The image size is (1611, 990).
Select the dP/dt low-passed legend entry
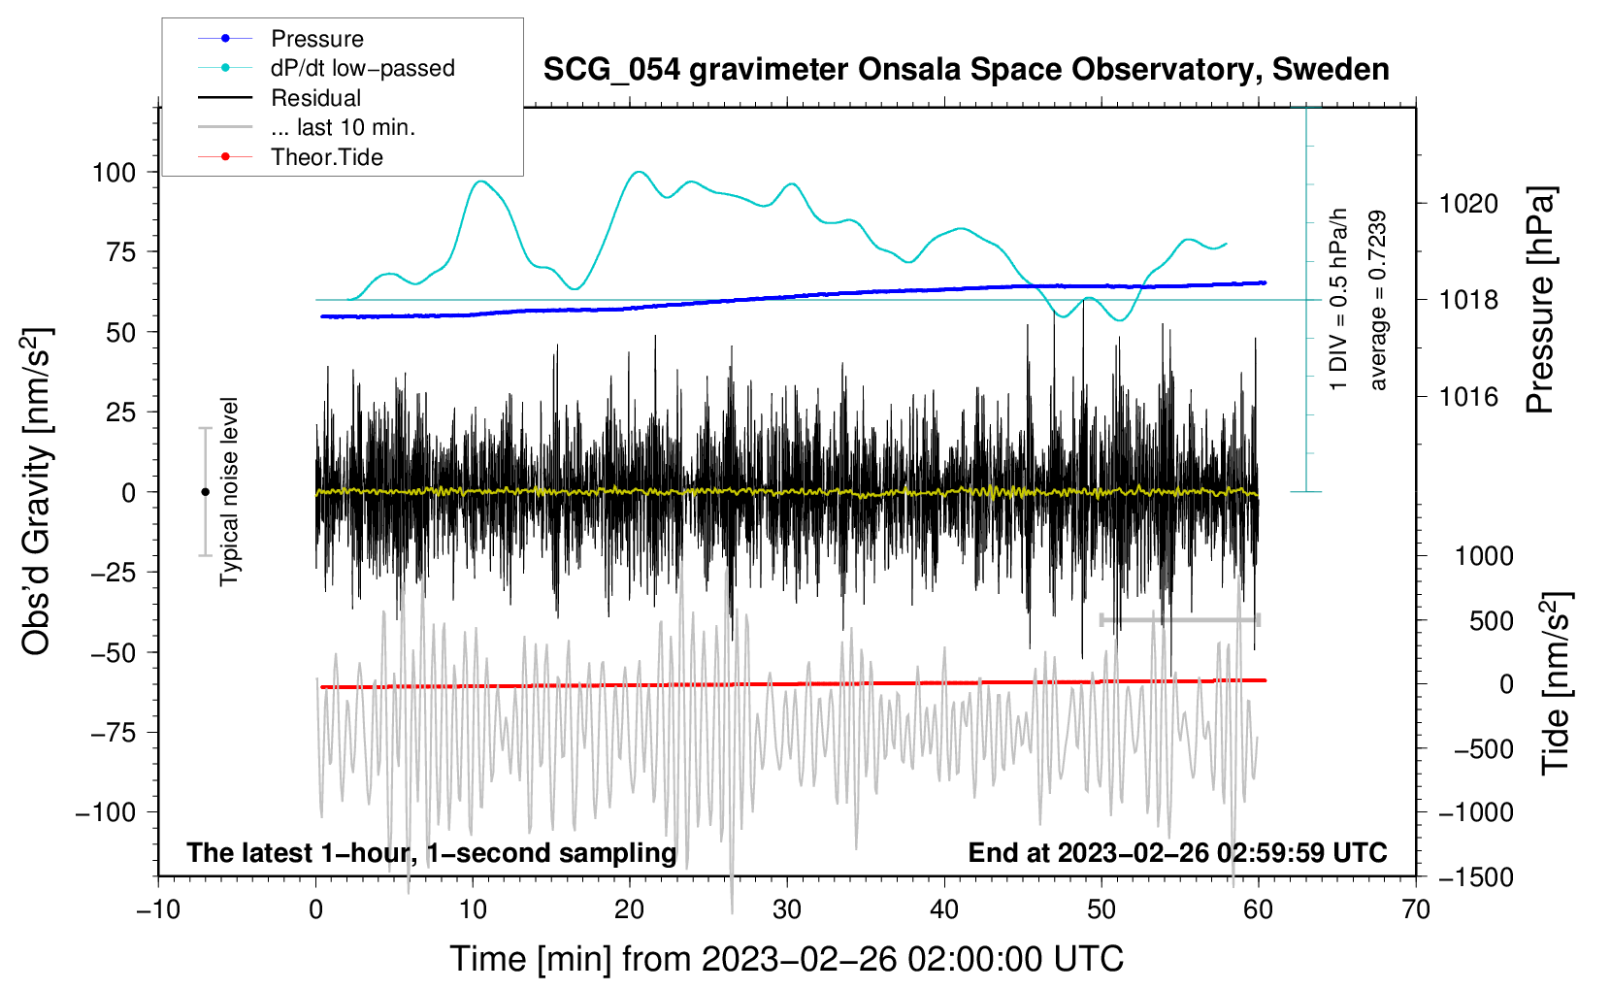click(x=362, y=68)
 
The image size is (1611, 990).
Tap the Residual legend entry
click(x=315, y=98)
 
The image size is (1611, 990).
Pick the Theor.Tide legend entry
click(x=326, y=157)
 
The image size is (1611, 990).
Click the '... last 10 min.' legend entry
click(x=343, y=127)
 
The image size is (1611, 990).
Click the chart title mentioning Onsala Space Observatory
click(x=966, y=70)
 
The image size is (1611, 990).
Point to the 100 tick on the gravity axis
click(x=114, y=173)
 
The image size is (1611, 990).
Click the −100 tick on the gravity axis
click(x=106, y=811)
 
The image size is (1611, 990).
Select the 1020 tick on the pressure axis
click(x=1468, y=204)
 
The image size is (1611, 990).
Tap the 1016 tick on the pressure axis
click(x=1468, y=396)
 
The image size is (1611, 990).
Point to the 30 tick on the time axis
click(x=787, y=909)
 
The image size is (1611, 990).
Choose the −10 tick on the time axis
click(x=158, y=909)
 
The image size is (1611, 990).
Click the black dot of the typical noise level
click(x=205, y=492)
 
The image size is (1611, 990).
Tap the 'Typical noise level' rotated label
click(x=229, y=492)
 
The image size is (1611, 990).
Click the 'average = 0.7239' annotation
click(x=1378, y=301)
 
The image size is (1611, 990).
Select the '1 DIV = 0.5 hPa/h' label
click(x=1339, y=299)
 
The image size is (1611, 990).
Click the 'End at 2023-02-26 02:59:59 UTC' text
click(x=1177, y=852)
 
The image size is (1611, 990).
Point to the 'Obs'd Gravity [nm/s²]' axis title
click(x=37, y=491)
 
